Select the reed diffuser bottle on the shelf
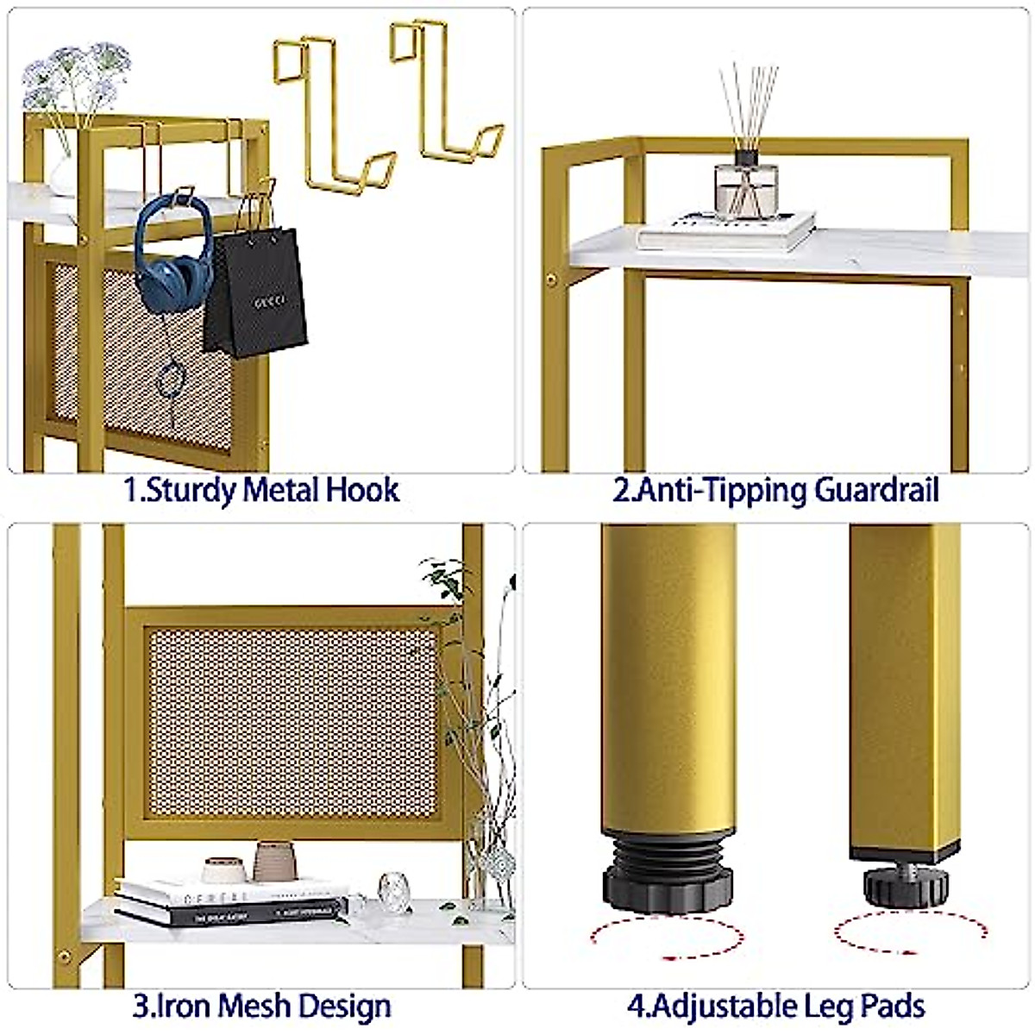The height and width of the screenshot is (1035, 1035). coord(746,190)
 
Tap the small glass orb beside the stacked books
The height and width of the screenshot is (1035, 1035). coord(393,888)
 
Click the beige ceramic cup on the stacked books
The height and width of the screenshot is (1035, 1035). coord(275,861)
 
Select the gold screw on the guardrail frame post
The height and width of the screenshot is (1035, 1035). coord(551,279)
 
